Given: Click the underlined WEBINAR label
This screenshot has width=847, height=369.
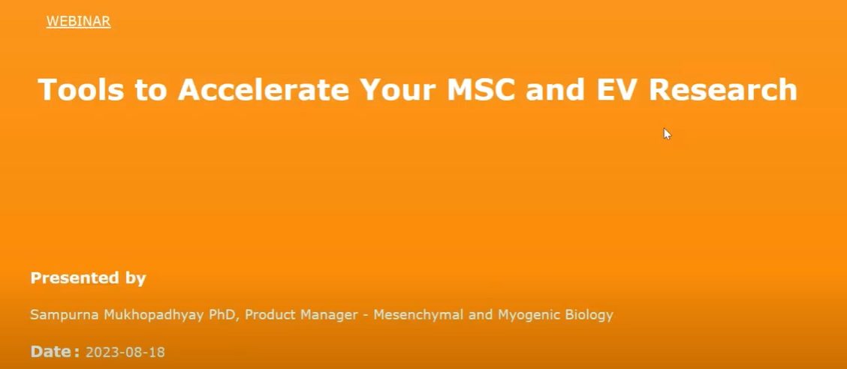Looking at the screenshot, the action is pos(78,22).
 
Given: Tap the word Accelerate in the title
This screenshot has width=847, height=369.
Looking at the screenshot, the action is pos(264,89).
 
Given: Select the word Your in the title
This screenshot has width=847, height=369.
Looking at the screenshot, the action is pos(399,89).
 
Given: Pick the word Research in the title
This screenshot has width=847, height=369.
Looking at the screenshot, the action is pos(723,89).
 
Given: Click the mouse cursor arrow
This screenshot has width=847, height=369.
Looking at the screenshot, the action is pos(667,133).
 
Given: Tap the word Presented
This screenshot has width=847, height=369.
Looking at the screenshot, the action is pos(71,278).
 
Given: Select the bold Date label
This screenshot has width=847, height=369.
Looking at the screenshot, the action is pos(55,352).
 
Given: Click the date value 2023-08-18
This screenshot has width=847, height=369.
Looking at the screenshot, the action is pos(125,352).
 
